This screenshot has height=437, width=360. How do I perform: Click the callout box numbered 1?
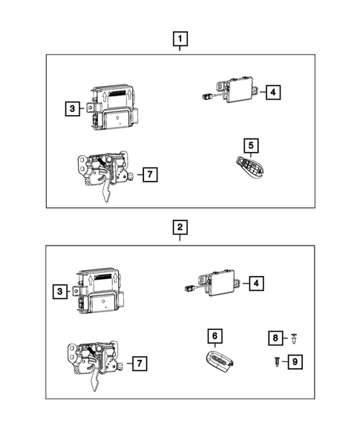click(180, 37)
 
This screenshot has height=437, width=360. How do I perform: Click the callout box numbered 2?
click(180, 226)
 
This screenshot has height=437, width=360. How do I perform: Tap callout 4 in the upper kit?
click(273, 92)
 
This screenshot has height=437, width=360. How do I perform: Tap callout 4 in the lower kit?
click(255, 283)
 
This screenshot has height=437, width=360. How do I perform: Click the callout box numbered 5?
click(252, 145)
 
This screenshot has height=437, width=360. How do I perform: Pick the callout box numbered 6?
click(215, 337)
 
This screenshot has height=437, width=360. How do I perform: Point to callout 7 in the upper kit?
click(149, 175)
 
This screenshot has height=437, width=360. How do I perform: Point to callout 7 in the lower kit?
click(139, 364)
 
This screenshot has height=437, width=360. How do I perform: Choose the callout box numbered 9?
click(295, 361)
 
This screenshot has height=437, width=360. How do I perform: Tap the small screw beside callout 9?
click(276, 362)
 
